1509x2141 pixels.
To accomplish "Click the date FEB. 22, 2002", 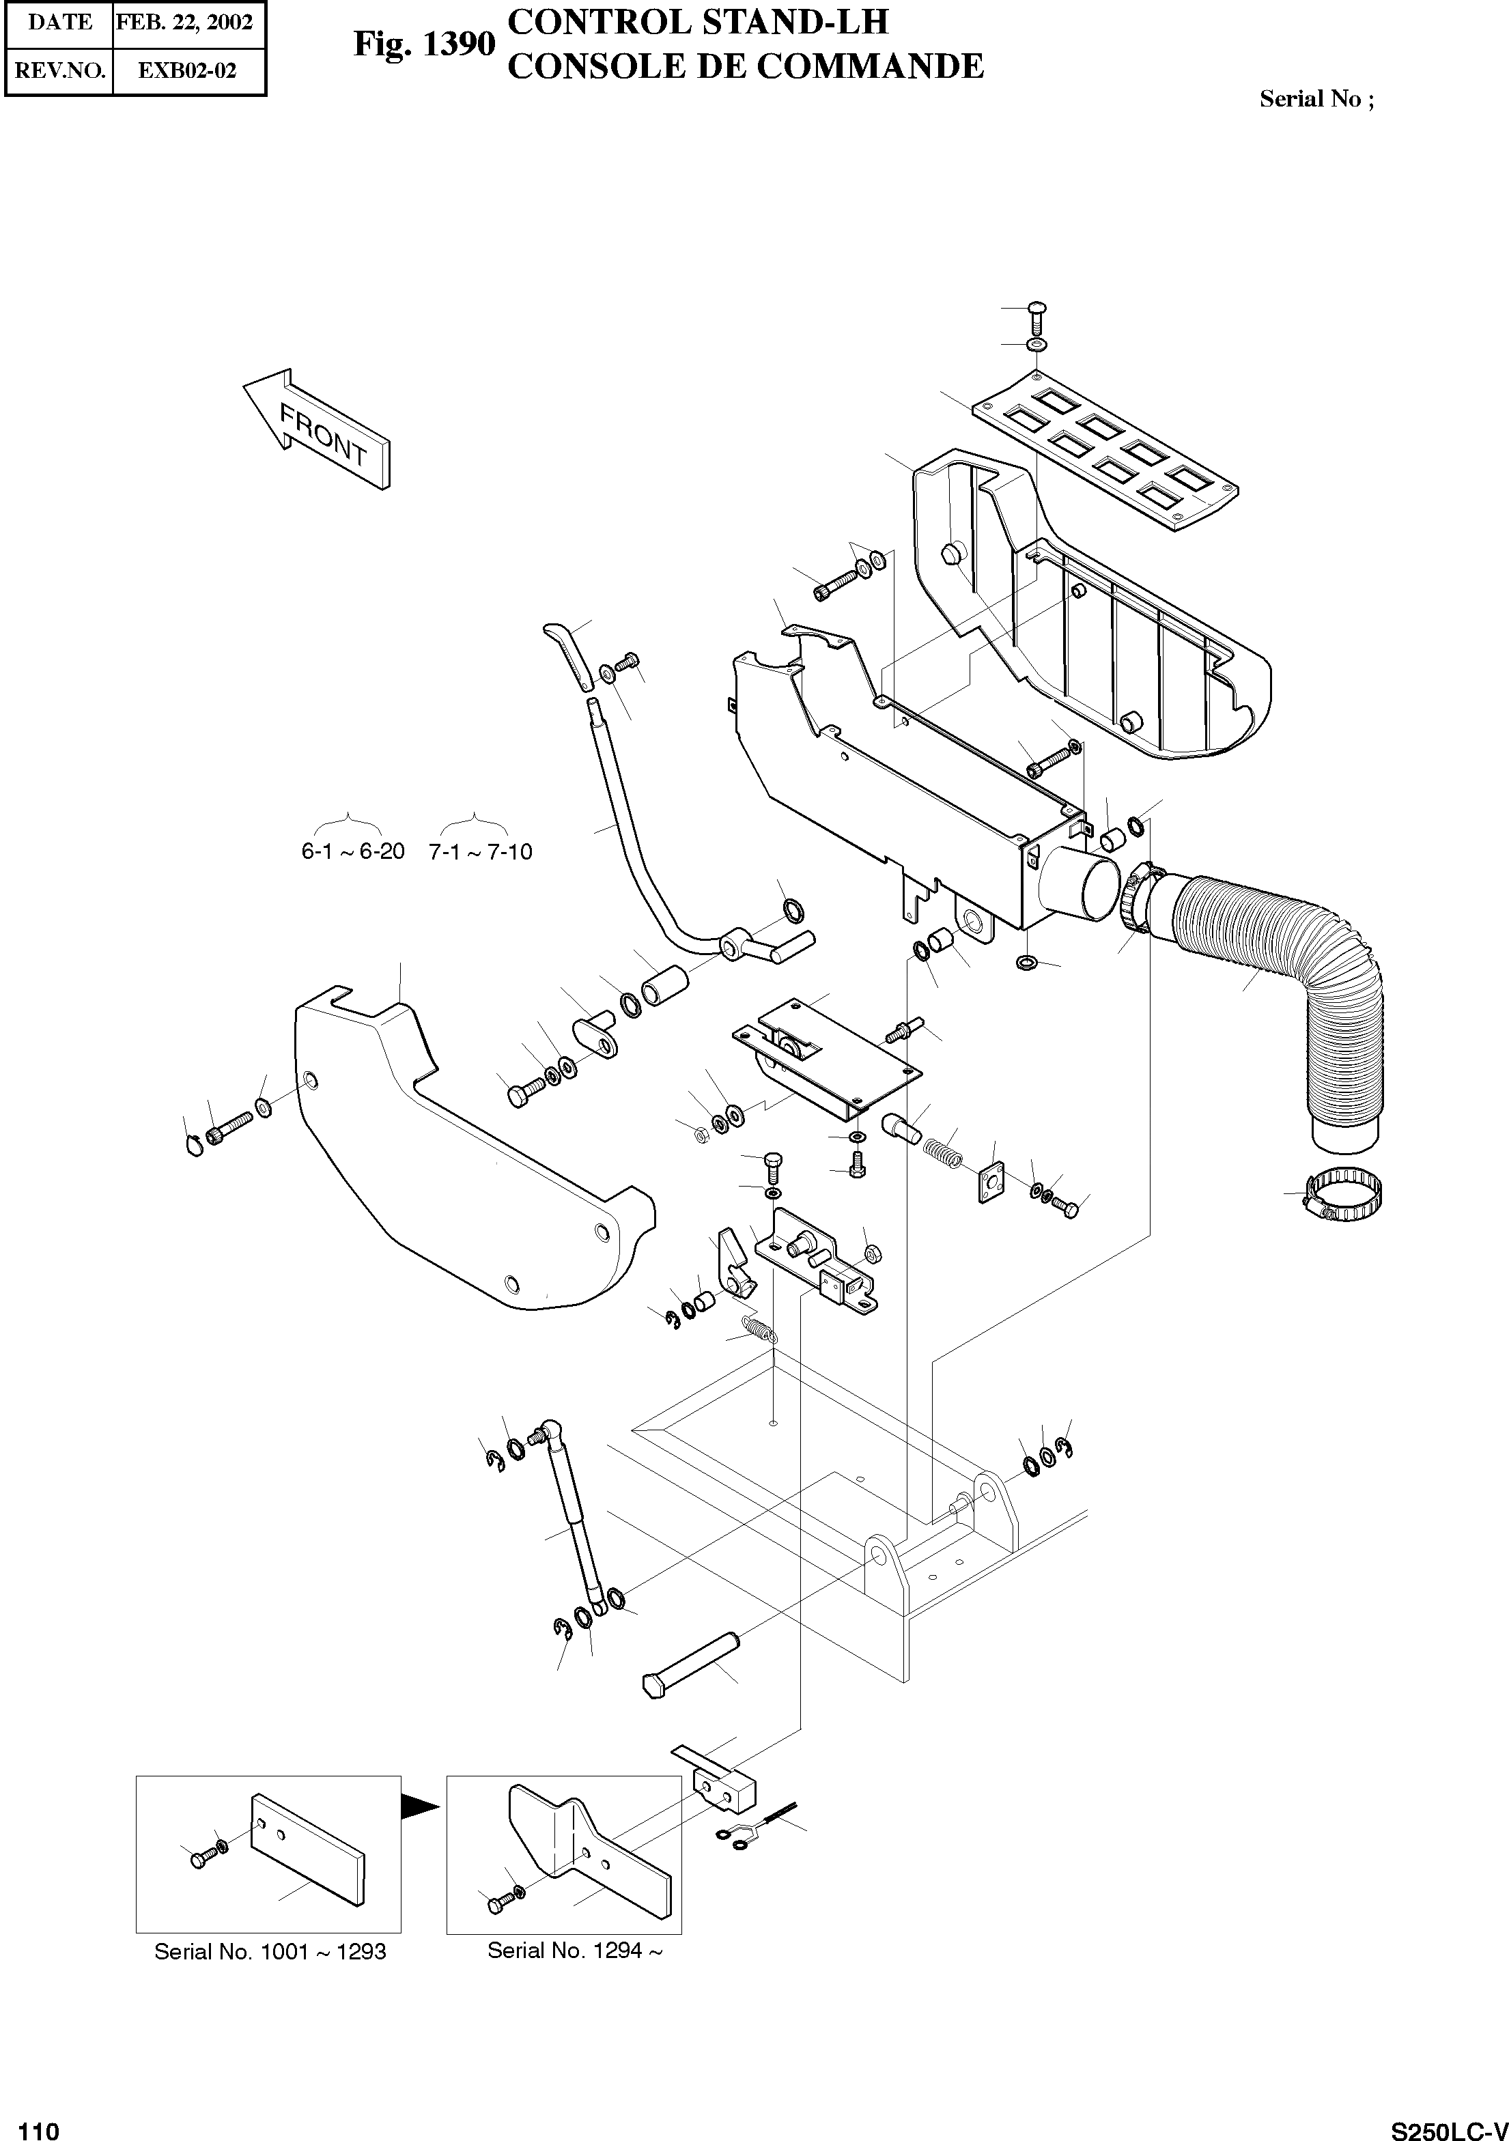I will click(x=184, y=23).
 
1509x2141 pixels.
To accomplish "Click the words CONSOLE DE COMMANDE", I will click(x=744, y=66).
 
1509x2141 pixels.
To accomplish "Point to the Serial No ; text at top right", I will click(x=1316, y=99).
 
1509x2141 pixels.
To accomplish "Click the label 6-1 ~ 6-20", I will click(x=352, y=851).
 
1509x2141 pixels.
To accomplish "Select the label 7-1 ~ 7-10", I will click(x=480, y=851).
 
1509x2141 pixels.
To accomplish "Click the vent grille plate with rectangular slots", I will click(x=1105, y=451).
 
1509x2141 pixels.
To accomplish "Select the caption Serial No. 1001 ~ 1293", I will click(x=270, y=1952).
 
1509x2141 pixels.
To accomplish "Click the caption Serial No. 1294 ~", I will click(x=574, y=1950).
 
